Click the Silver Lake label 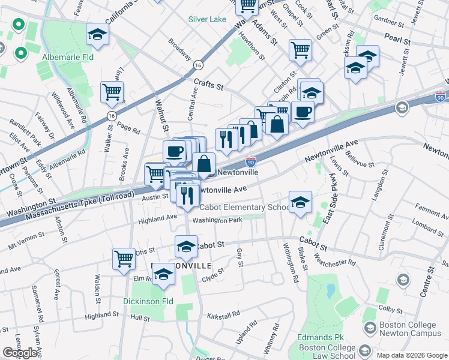207,19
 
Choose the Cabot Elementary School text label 244,208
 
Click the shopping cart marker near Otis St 124,259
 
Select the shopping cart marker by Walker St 112,92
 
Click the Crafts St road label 208,86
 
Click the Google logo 20,353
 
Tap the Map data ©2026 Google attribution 412,355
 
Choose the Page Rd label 129,128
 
